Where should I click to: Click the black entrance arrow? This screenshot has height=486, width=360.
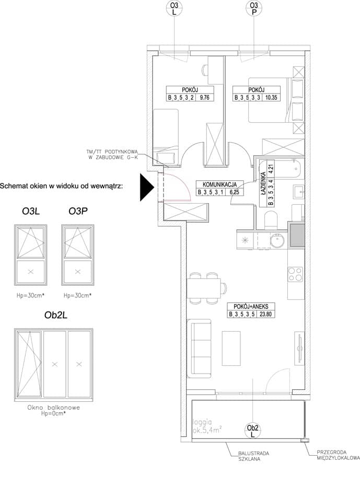point(146,187)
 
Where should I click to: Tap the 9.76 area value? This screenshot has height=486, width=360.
point(204,97)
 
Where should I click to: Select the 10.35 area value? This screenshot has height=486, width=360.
point(271,97)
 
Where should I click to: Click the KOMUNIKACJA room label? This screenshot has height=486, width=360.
point(219,184)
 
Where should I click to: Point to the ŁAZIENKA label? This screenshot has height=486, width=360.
point(263,183)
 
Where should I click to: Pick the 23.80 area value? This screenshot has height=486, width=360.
point(265,314)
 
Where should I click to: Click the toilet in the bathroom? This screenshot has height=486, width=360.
point(272,220)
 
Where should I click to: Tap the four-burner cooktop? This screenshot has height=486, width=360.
point(295,274)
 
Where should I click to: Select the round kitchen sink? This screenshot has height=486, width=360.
point(277,240)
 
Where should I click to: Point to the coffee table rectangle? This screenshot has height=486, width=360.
point(231,348)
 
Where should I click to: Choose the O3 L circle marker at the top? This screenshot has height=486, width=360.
point(175,9)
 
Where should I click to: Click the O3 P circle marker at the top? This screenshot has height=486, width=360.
point(254,9)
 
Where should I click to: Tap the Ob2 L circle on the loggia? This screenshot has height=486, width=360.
point(253,431)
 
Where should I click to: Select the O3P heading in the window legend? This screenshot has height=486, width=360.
point(78,211)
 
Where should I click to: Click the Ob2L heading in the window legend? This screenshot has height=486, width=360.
point(56,315)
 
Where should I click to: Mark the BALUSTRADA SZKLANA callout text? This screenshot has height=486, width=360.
point(253,456)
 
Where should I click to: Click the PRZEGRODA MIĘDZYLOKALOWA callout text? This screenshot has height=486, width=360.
point(338,455)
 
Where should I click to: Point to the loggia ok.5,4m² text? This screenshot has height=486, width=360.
point(207,426)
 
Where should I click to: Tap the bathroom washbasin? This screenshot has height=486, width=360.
point(299,192)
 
